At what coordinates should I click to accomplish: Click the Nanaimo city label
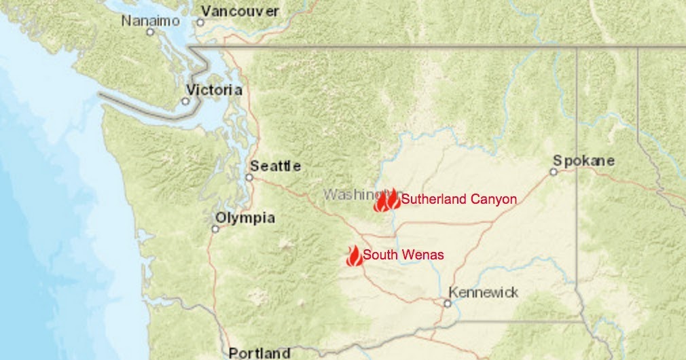click(150, 21)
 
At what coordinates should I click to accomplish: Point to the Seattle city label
click(275, 166)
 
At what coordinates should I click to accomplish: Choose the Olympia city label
click(245, 218)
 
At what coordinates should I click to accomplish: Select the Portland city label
click(259, 353)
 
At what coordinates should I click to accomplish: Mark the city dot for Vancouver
click(200, 22)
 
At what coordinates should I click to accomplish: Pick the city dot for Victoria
click(185, 101)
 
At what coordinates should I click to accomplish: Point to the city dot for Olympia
click(215, 229)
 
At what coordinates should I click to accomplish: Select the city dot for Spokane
click(554, 172)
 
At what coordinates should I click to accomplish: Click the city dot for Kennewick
click(447, 303)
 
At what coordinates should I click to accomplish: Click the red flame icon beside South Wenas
click(353, 255)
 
